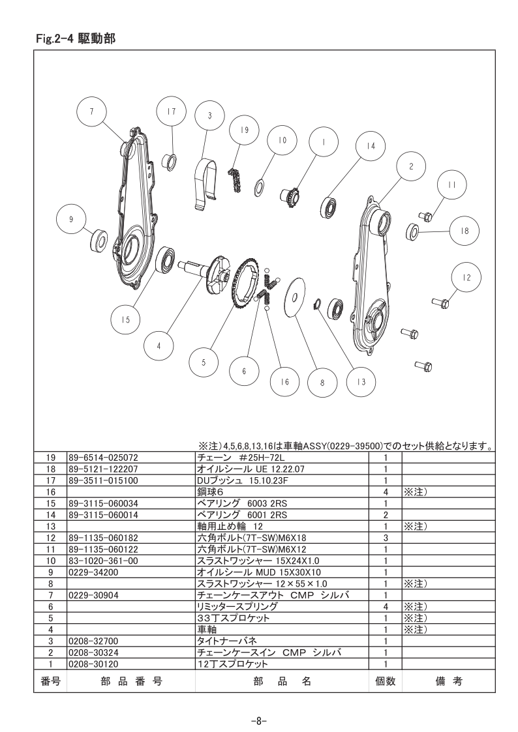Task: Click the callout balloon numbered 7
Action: (x=91, y=111)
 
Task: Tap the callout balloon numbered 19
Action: (x=245, y=130)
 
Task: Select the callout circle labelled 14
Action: (x=371, y=146)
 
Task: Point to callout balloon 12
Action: (x=466, y=278)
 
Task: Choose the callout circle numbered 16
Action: (x=285, y=382)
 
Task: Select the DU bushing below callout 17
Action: (x=170, y=161)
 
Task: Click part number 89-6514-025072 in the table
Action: (x=103, y=458)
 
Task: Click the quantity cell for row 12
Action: (x=386, y=538)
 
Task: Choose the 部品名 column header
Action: (x=282, y=681)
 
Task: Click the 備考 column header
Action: (x=449, y=681)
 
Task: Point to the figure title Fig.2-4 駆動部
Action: (x=76, y=38)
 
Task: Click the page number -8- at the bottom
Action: (x=258, y=720)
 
